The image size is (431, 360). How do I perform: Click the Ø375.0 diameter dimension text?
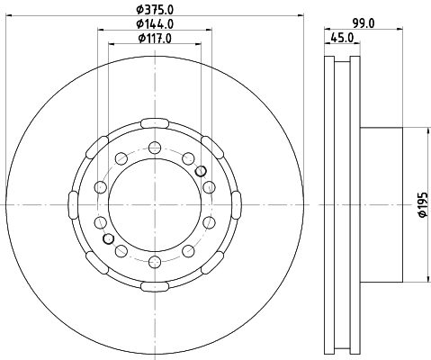[x=155, y=9]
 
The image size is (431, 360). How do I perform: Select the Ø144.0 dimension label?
[x=155, y=23]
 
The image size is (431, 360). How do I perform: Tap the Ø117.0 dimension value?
[x=155, y=38]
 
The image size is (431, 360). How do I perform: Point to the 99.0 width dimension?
[x=364, y=23]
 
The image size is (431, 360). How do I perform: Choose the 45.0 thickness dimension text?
[x=342, y=38]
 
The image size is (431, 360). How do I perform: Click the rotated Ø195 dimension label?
[x=423, y=204]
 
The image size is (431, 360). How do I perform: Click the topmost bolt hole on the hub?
[x=155, y=148]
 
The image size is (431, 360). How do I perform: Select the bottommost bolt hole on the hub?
[x=155, y=262]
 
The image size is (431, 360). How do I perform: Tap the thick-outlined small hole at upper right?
[x=201, y=171]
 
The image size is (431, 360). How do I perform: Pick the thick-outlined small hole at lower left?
[x=108, y=238]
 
